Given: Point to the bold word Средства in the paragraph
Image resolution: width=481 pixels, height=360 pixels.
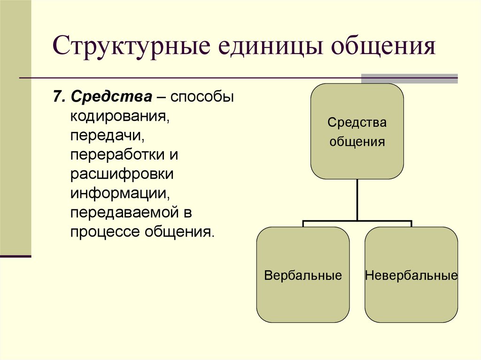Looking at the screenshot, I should click(x=111, y=97).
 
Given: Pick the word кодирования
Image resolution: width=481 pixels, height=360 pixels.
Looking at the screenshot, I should click(x=120, y=116).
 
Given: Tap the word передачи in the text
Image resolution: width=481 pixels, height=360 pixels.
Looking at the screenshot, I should click(x=106, y=135).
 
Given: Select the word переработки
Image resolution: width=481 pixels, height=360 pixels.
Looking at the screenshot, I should click(x=118, y=154).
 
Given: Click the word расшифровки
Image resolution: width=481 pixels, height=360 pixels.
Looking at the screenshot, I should click(x=122, y=173).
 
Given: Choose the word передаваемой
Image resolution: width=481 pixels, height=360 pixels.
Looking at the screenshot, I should click(x=124, y=212).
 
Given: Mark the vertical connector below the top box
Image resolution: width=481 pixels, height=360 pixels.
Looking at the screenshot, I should click(x=357, y=199).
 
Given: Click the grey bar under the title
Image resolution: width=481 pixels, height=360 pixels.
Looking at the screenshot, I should click(x=409, y=78).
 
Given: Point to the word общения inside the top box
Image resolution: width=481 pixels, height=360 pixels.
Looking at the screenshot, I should click(x=357, y=141).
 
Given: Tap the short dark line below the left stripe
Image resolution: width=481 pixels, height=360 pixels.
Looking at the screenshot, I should click(x=16, y=256).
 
